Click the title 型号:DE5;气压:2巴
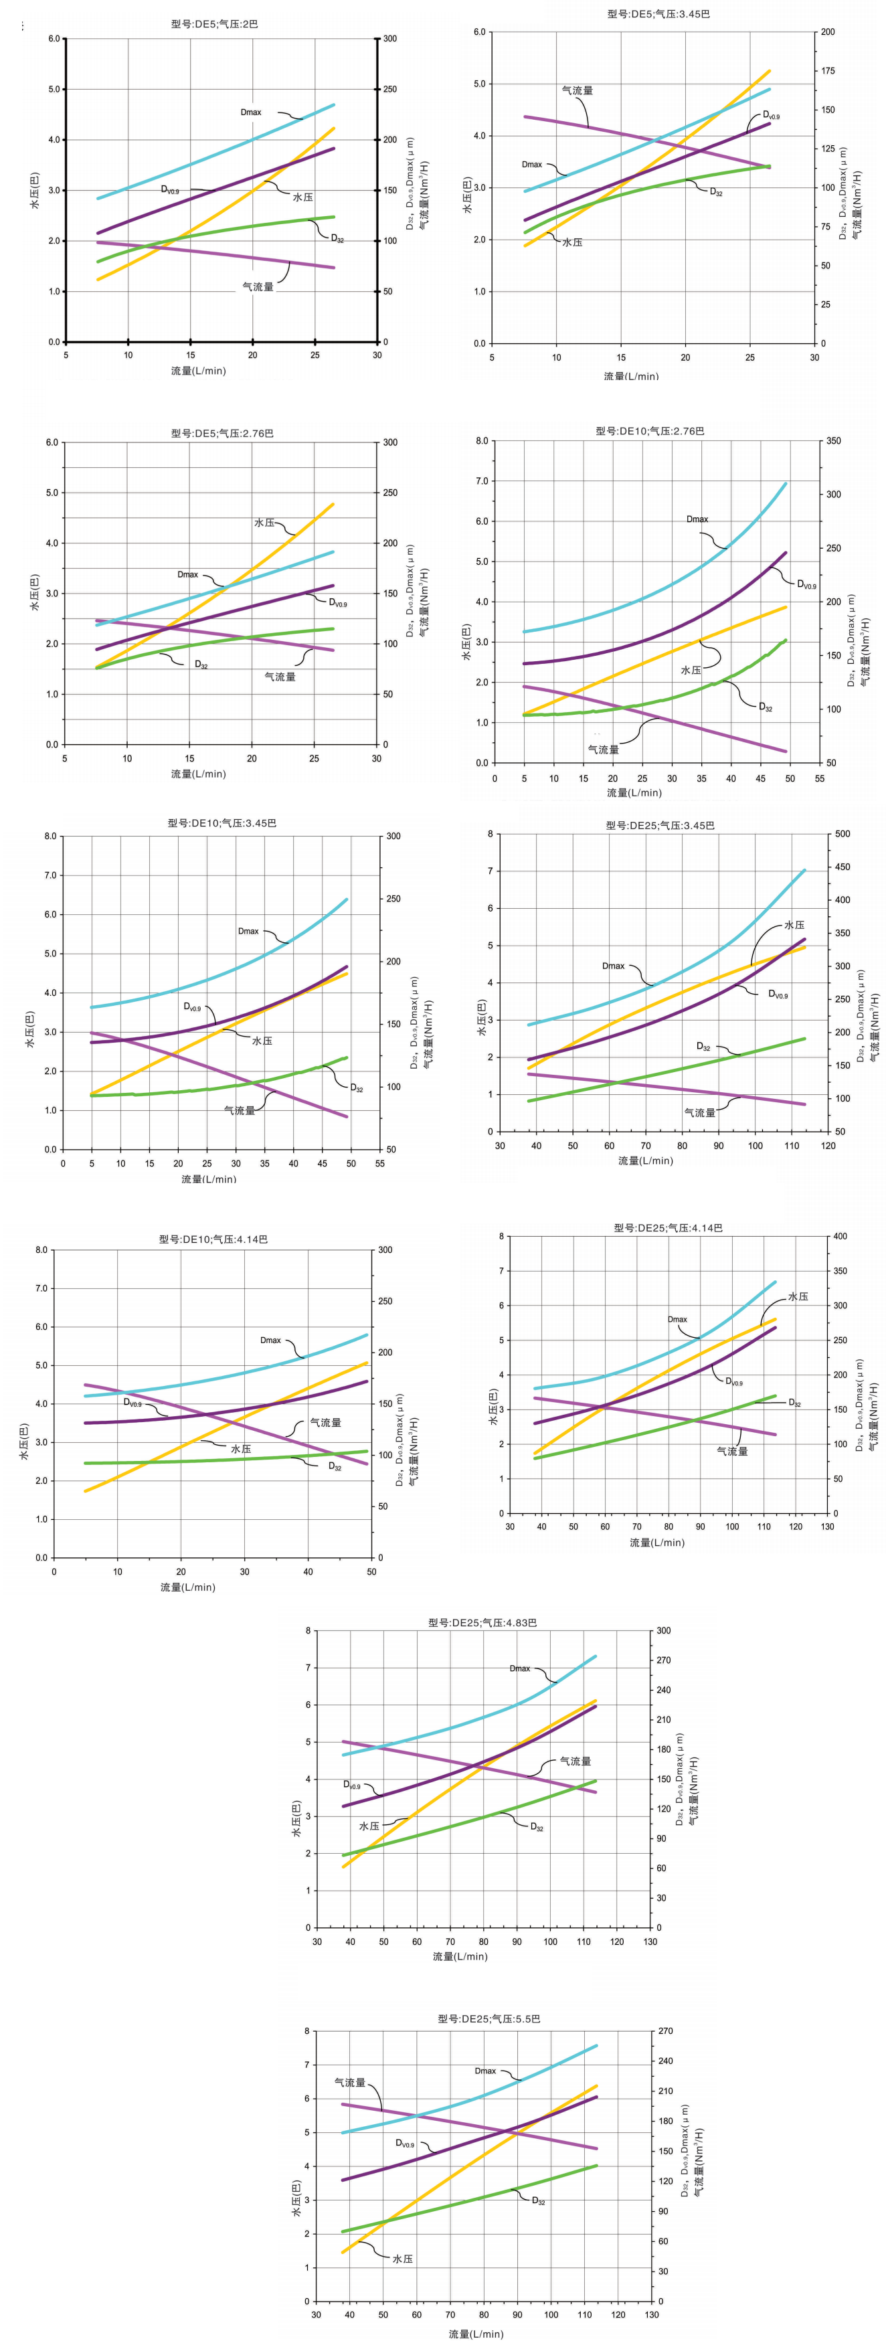point(214,23)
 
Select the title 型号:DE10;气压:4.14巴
point(213,1239)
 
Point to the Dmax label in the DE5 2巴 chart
point(251,112)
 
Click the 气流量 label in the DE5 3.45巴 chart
point(577,91)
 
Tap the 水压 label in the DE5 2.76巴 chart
point(264,523)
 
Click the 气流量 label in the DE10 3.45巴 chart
point(240,1110)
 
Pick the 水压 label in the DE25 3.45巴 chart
point(794,925)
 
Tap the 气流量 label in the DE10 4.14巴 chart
point(325,1422)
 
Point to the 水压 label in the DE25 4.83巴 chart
point(369,1826)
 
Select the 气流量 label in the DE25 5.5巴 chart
point(350,2082)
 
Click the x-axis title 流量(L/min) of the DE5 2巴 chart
point(198,371)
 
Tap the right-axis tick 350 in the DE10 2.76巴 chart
point(833,441)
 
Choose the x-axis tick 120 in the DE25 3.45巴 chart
point(828,1146)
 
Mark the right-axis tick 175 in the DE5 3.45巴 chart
point(828,71)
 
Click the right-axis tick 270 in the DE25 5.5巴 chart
point(665,2031)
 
